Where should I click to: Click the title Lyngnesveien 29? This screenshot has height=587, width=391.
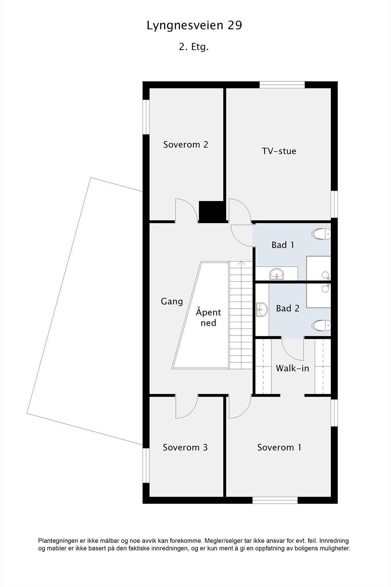tap(194, 26)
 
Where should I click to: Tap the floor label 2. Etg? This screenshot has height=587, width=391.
tap(194, 47)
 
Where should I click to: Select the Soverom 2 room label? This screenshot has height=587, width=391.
tap(185, 145)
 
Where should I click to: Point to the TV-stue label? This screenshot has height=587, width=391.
tap(279, 151)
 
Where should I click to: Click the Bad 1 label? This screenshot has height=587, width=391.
tap(283, 245)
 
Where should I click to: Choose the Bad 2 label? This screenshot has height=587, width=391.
tap(288, 308)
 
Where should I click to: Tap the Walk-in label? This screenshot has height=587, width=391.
tap(292, 368)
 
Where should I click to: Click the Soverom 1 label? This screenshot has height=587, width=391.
tap(279, 447)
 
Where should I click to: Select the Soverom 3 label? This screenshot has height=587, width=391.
tap(185, 447)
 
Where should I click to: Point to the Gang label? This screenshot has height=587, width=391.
tap(172, 301)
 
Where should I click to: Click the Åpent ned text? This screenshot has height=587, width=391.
tap(208, 317)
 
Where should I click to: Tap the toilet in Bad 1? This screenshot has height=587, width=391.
tap(321, 234)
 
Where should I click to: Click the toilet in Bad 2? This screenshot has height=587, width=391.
tap(321, 325)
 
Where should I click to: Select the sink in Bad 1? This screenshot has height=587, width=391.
tap(276, 274)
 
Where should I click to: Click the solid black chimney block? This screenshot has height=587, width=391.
tap(211, 211)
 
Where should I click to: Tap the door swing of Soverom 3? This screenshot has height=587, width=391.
tap(187, 407)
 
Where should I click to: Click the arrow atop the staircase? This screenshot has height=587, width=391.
tap(241, 263)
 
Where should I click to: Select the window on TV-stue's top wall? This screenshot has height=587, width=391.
tap(282, 85)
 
